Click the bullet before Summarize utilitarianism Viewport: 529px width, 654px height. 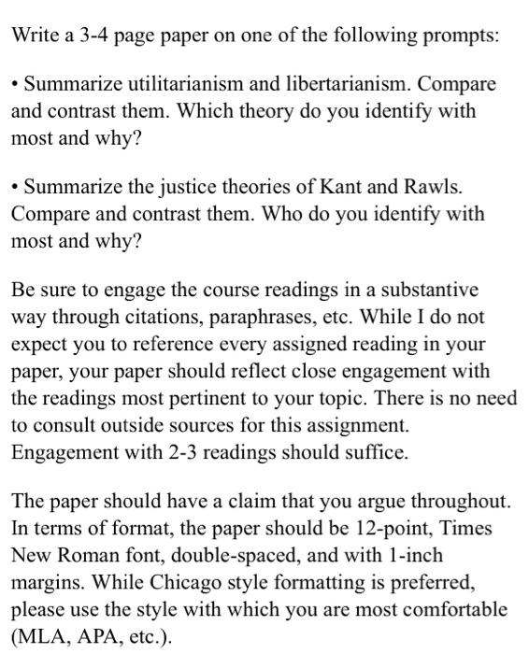point(15,85)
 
